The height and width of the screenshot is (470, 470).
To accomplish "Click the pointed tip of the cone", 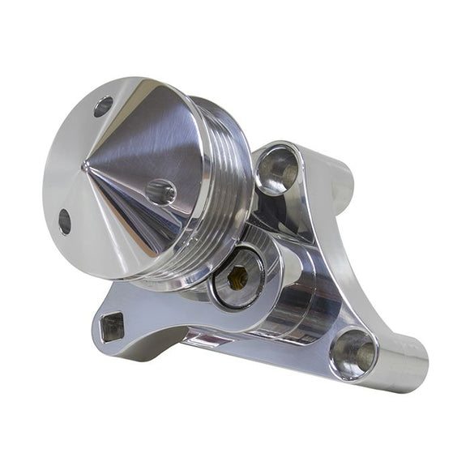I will point(85,166).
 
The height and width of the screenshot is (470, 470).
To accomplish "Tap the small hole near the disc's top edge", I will point(103,106).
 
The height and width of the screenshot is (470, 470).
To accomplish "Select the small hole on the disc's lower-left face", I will point(65,221).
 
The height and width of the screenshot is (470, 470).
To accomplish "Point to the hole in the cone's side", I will point(160,192).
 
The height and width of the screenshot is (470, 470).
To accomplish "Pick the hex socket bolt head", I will point(237,278).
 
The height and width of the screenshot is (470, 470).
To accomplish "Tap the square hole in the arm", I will point(112,326).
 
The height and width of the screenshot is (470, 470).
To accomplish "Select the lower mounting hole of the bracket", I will point(353,353).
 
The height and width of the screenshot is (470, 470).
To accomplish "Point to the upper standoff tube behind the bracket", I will point(340,178).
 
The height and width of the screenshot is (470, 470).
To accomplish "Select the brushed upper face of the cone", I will point(154,130).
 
